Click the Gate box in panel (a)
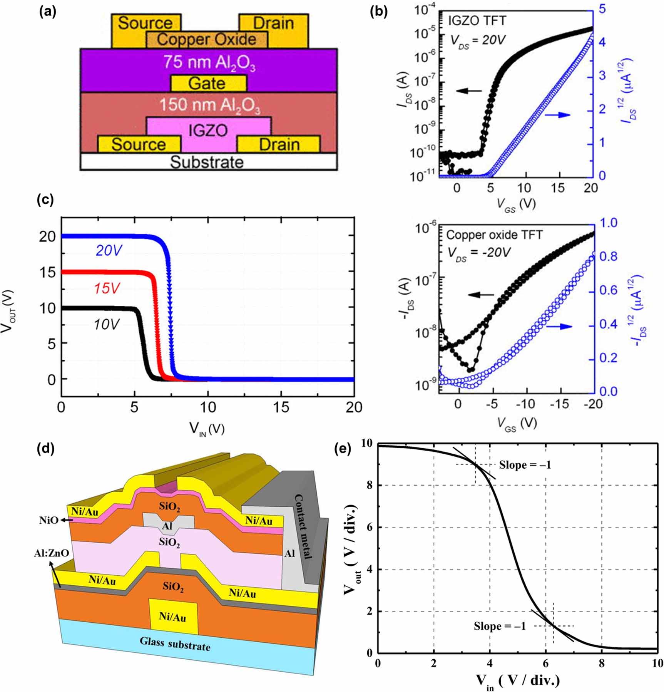click(208, 84)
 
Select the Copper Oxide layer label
click(207, 39)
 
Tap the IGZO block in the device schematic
click(208, 131)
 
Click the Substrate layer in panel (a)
click(207, 162)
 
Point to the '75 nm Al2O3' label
click(209, 63)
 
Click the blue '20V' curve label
click(109, 251)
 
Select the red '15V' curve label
click(106, 288)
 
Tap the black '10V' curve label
click(106, 324)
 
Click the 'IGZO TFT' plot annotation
click(477, 20)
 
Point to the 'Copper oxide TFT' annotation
click(494, 235)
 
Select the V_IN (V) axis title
click(207, 428)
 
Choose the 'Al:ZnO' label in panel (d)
click(51, 553)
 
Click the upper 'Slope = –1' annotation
click(525, 465)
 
